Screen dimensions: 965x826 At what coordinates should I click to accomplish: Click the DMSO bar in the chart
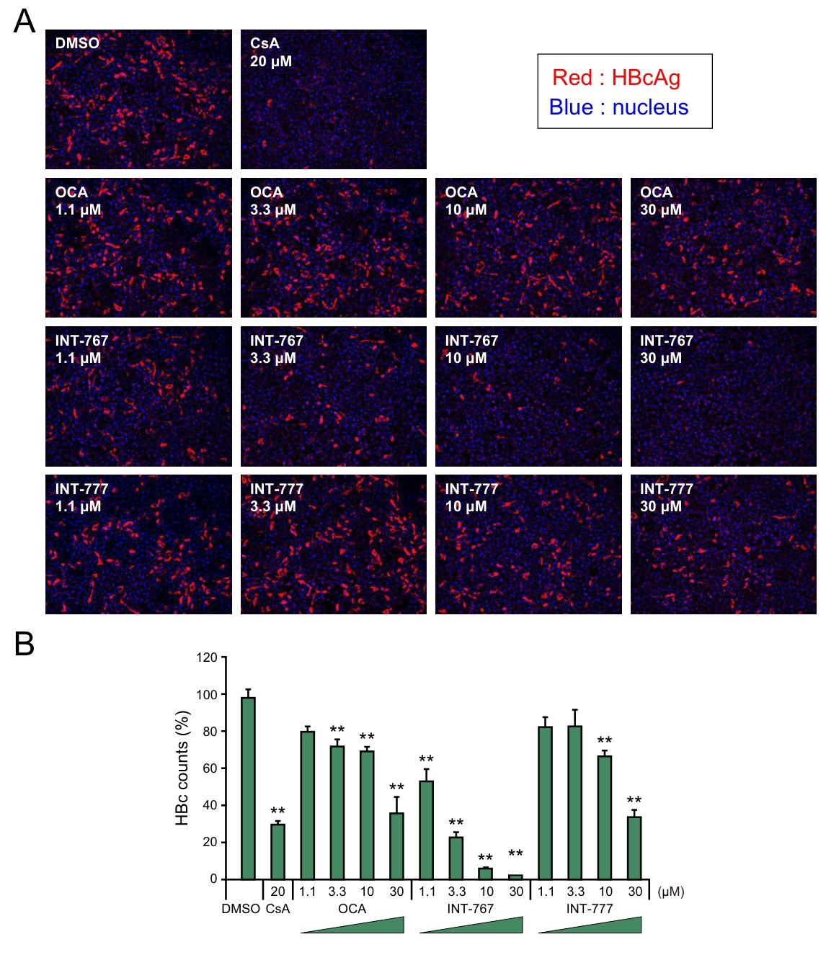(x=248, y=789)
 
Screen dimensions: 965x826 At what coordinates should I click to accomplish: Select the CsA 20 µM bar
(x=277, y=851)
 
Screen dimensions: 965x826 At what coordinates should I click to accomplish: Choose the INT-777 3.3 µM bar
(x=575, y=802)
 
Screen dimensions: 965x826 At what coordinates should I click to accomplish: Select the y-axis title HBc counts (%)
(x=182, y=768)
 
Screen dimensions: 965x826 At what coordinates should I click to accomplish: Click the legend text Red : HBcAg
(x=616, y=78)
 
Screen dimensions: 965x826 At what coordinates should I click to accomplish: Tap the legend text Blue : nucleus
(x=618, y=107)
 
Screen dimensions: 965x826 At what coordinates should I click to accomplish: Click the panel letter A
(x=24, y=22)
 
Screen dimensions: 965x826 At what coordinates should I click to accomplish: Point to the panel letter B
(x=24, y=645)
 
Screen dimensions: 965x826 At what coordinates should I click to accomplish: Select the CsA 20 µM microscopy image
(x=333, y=99)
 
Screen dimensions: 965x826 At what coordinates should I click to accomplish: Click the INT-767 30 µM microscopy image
(x=724, y=396)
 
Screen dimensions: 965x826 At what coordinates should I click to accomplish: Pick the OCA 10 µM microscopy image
(x=528, y=248)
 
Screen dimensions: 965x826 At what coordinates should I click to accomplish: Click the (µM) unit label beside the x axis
(x=670, y=892)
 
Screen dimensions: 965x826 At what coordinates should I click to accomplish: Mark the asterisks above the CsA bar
(x=278, y=812)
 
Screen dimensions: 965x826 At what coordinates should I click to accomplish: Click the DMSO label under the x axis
(x=241, y=909)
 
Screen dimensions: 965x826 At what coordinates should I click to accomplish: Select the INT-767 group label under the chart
(x=471, y=909)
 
